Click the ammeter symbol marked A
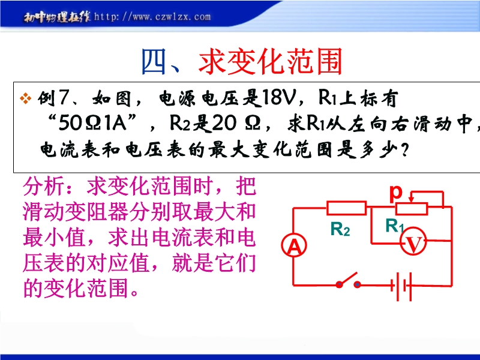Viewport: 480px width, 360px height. pyautogui.click(x=294, y=245)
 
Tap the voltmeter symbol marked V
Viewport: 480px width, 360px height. pyautogui.click(x=413, y=241)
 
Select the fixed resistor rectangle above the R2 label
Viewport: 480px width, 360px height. pyautogui.click(x=347, y=208)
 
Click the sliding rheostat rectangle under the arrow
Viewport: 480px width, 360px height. pyautogui.click(x=412, y=208)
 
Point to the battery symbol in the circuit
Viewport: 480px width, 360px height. pyautogui.click(x=402, y=286)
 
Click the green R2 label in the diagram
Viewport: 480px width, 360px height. pyautogui.click(x=340, y=229)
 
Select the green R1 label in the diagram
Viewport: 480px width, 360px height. pyautogui.click(x=395, y=226)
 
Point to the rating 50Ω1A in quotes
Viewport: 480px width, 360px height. pyautogui.click(x=92, y=124)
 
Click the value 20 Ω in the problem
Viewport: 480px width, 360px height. pyautogui.click(x=236, y=124)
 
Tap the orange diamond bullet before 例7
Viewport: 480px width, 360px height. pyautogui.click(x=25, y=98)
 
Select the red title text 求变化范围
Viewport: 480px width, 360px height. pyautogui.click(x=270, y=62)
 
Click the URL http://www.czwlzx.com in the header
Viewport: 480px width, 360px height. pyautogui.click(x=152, y=17)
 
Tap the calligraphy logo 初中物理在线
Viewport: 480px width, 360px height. pyautogui.click(x=57, y=17)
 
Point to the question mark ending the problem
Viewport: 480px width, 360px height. pyautogui.click(x=404, y=151)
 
